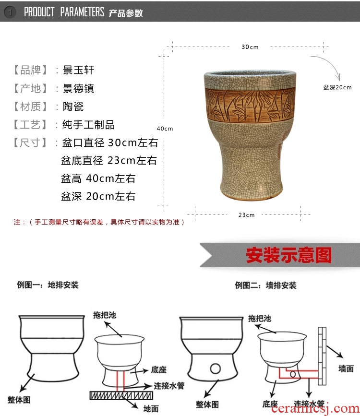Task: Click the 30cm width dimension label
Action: pos(250,47)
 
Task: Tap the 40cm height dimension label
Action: pos(165,129)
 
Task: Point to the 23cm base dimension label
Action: pos(246,215)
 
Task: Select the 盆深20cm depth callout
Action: pos(337,87)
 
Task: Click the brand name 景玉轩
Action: pos(79,70)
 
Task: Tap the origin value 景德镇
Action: pos(79,88)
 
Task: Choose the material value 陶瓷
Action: pos(73,107)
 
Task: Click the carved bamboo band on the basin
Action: pos(250,105)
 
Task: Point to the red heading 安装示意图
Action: pos(289,255)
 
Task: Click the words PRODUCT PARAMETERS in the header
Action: pos(64,12)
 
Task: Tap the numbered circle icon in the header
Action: pos(10,12)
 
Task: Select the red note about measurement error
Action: pos(99,222)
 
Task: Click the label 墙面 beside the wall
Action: pos(346,368)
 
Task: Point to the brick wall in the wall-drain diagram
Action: pos(322,356)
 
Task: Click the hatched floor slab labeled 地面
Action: pos(121,395)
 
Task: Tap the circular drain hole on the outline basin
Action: pos(216,368)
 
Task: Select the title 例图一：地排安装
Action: pos(48,285)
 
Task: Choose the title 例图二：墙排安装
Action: pos(266,285)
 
